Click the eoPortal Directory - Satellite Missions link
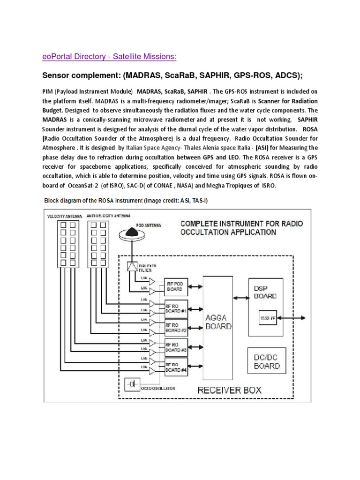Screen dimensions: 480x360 (x=110, y=57)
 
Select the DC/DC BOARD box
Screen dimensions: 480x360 (x=267, y=361)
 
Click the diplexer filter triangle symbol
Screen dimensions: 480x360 (x=132, y=267)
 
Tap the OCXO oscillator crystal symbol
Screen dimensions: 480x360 (x=133, y=384)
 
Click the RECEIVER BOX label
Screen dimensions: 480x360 (x=229, y=390)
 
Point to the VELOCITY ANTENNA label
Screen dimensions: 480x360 (x=65, y=216)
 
